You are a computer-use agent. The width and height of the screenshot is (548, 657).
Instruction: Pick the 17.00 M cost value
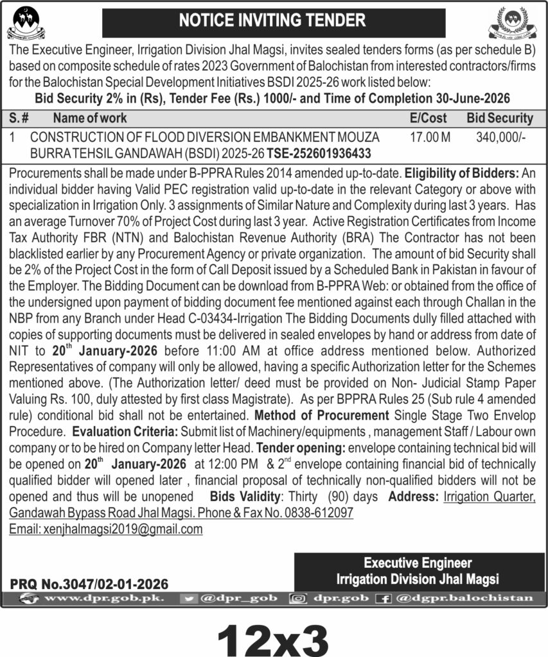[430, 137]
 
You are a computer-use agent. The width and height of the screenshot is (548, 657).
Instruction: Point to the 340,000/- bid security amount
[502, 137]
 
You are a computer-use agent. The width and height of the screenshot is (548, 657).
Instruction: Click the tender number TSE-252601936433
[320, 154]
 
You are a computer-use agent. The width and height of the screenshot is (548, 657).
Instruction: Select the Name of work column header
[90, 118]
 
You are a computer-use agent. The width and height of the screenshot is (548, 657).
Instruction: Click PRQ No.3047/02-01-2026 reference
[89, 584]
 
